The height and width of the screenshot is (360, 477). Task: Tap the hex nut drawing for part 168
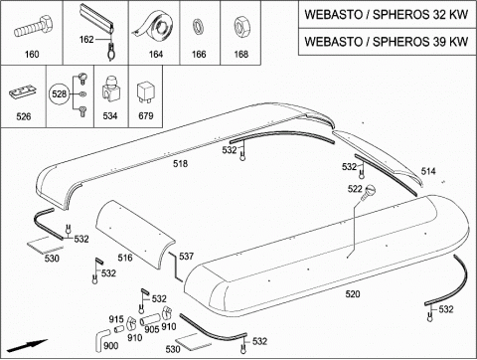pos(241,27)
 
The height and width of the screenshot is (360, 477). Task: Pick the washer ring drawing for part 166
pos(199,27)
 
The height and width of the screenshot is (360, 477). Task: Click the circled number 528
pos(60,94)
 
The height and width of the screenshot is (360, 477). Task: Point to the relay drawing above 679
pos(145,93)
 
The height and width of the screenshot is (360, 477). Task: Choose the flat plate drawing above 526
pos(21,91)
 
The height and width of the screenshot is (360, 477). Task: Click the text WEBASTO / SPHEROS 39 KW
pos(387,42)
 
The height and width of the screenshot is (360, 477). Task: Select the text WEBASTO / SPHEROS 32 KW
pos(387,15)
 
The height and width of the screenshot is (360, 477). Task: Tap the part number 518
pos(180,164)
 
